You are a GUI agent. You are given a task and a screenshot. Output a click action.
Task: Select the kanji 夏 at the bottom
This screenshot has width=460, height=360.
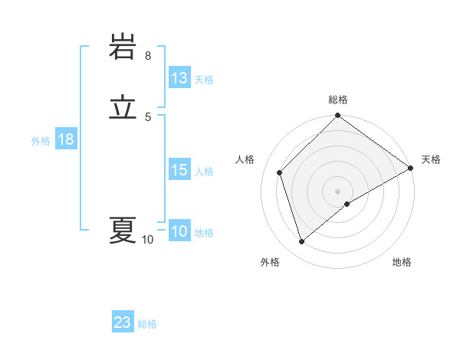click(122, 230)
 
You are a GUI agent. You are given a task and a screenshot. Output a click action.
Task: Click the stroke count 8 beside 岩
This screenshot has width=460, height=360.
click(148, 56)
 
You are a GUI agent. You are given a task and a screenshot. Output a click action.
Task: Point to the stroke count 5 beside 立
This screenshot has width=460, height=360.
click(148, 116)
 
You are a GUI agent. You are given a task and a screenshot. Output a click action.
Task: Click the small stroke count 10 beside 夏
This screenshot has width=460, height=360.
click(148, 240)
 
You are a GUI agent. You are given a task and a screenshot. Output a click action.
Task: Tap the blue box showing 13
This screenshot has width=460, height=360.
click(179, 78)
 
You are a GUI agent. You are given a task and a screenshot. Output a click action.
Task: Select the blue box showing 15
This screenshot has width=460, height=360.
click(179, 170)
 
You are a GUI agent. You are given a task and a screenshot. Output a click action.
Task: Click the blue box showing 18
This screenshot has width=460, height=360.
click(66, 139)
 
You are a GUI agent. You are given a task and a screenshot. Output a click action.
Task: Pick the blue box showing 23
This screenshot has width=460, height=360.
click(123, 322)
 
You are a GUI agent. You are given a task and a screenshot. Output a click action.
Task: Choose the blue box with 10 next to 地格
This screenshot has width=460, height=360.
click(179, 232)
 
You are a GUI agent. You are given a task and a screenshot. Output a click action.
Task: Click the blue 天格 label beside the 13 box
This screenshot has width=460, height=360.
click(204, 80)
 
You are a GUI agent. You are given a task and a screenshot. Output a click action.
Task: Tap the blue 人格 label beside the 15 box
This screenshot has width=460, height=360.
click(204, 172)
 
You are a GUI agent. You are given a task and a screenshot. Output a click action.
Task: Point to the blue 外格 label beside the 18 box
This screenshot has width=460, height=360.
click(41, 141)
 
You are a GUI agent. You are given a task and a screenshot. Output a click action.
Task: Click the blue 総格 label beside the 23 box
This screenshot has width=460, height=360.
click(147, 324)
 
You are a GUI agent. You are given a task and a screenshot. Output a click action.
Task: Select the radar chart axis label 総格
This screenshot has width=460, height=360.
click(338, 100)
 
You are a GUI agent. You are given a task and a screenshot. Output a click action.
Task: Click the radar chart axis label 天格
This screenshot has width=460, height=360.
click(431, 159)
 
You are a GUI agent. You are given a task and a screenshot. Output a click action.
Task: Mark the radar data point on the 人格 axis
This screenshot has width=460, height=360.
click(280, 172)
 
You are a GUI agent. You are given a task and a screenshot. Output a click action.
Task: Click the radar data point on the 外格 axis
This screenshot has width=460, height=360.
click(301, 242)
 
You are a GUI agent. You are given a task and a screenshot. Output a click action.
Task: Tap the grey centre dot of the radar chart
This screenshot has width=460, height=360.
click(338, 191)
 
